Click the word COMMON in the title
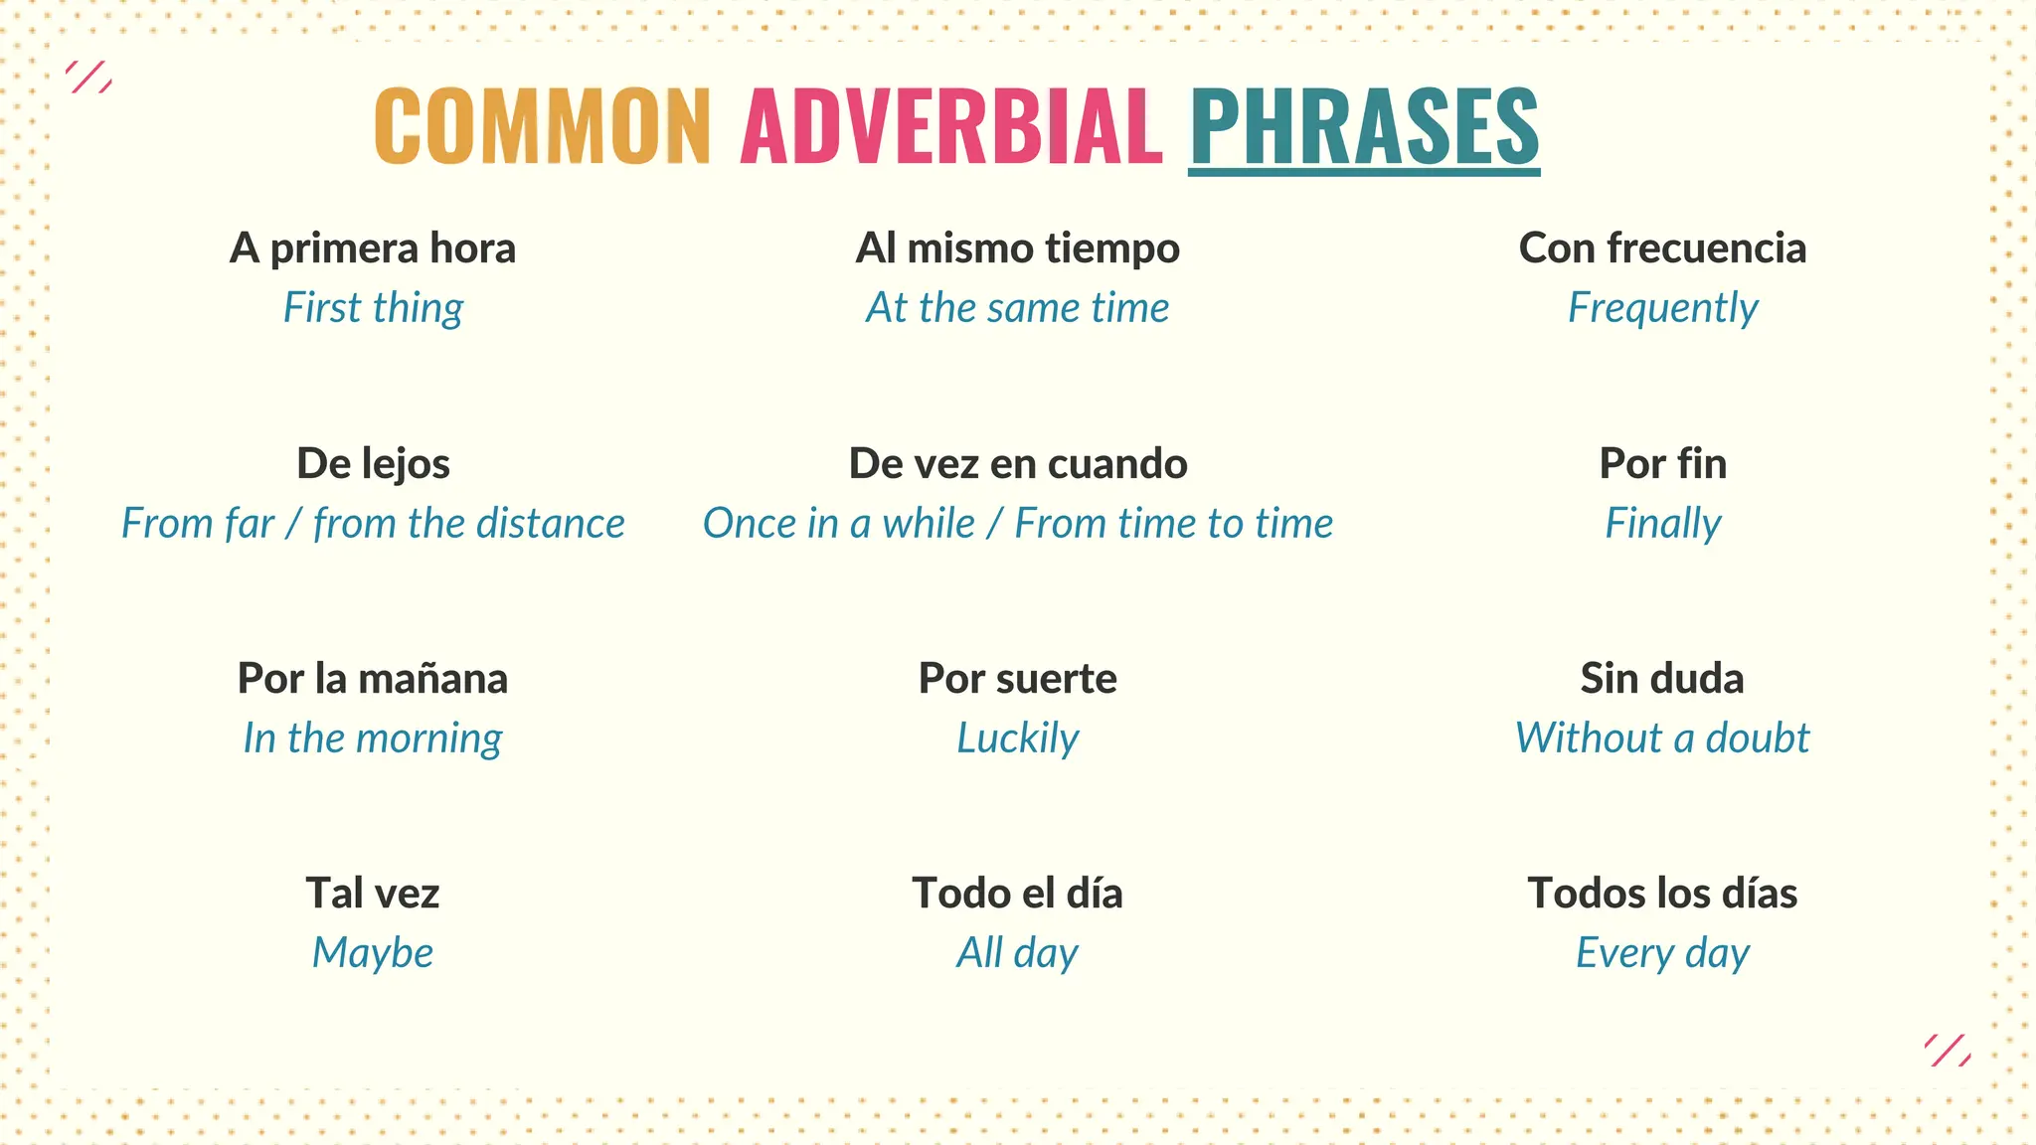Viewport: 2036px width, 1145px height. tap(542, 126)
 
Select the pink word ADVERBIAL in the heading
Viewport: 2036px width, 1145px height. tap(951, 126)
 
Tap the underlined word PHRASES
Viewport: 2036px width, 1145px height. tap(1364, 126)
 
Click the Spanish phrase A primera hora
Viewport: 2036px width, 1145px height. tap(373, 248)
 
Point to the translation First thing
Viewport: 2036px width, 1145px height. tap(373, 308)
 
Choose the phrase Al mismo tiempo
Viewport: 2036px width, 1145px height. tap(1017, 248)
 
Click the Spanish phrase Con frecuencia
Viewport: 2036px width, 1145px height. tap(1662, 248)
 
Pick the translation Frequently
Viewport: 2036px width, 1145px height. tap(1662, 308)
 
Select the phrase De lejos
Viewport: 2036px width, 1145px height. tap(373, 464)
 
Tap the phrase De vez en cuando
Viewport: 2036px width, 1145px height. tap(1017, 464)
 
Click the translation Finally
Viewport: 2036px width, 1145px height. tap(1662, 524)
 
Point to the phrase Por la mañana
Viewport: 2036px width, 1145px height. tap(373, 679)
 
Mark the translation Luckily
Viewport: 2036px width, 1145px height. tap(1017, 738)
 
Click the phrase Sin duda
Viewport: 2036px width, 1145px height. tap(1662, 679)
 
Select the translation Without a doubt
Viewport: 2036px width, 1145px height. tap(1662, 738)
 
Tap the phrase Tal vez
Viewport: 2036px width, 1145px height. tap(373, 894)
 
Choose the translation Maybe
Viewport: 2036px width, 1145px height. tap(373, 953)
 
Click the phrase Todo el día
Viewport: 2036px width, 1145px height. tap(1017, 894)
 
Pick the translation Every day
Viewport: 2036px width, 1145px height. tap(1662, 953)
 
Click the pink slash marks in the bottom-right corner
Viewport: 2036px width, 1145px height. tap(1948, 1051)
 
